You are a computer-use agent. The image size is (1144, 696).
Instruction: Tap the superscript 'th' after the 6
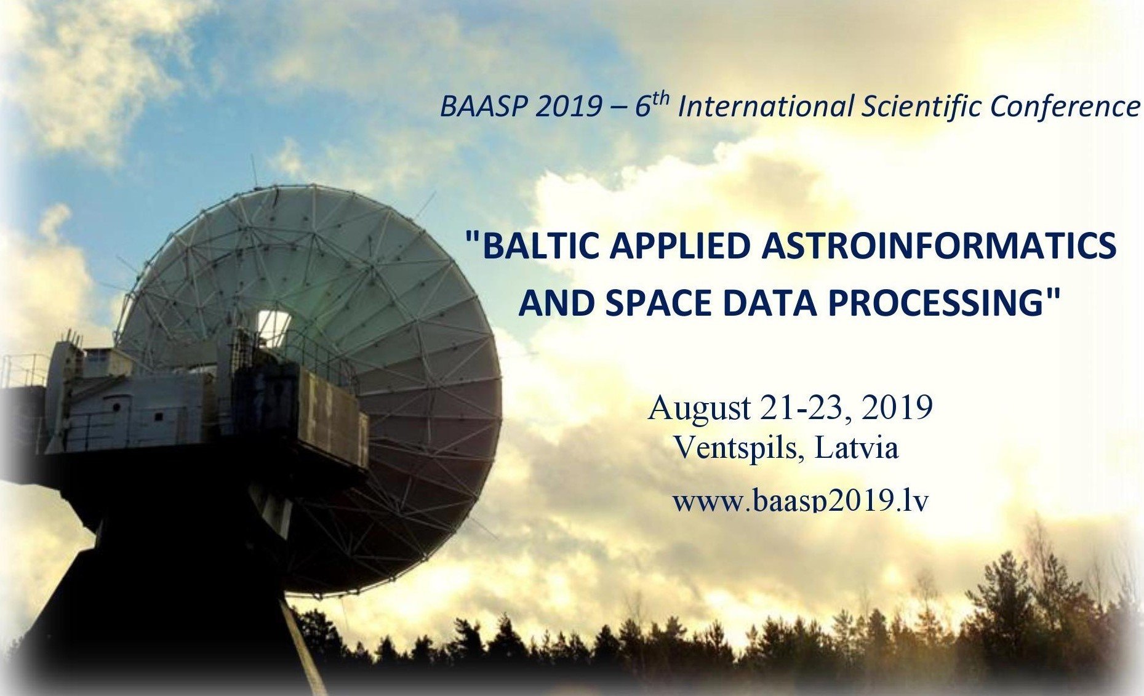[x=660, y=98]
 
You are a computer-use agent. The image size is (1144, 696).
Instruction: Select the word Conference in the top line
[x=1065, y=106]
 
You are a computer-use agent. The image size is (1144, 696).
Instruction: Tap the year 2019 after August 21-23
[x=897, y=407]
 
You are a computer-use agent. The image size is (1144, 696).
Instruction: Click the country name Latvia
[x=857, y=447]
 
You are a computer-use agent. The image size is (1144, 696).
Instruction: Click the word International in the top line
[x=764, y=106]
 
